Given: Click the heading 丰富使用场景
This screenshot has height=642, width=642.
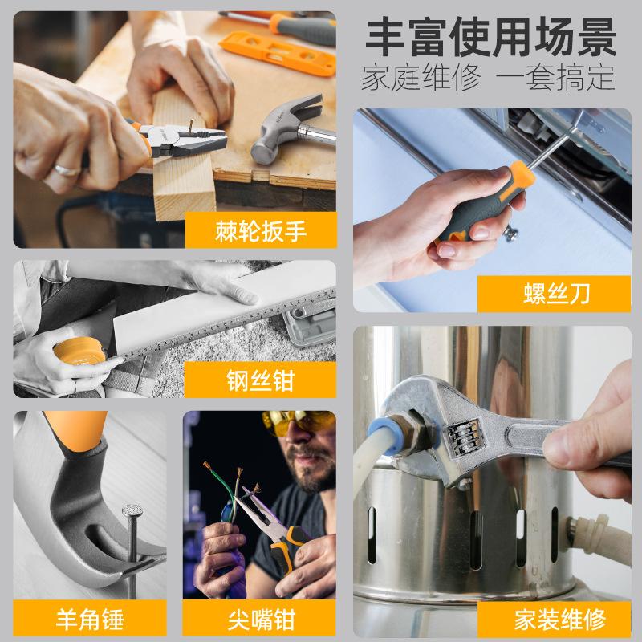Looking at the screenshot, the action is (491, 37).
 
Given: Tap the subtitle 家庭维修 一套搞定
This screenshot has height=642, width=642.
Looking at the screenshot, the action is (488, 77).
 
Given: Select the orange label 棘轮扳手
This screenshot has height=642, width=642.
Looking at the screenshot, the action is (261, 230).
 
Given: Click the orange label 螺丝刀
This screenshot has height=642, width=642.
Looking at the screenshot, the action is (554, 294).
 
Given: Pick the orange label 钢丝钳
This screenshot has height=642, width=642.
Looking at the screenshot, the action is (260, 380).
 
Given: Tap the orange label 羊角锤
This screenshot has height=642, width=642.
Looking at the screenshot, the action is (90, 619).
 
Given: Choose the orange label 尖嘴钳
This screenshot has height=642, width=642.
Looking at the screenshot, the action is (259, 619).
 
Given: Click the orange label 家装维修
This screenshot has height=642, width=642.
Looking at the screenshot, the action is (555, 619).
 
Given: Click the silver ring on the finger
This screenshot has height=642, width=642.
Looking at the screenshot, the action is (67, 170).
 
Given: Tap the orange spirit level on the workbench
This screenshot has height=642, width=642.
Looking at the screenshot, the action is (278, 53).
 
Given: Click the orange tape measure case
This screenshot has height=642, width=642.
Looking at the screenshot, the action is (79, 351).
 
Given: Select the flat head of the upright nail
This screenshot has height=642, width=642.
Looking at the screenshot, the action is (132, 510).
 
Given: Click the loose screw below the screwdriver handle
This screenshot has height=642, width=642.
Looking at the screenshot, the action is (511, 234).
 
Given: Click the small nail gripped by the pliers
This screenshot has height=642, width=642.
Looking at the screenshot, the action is (191, 127).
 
